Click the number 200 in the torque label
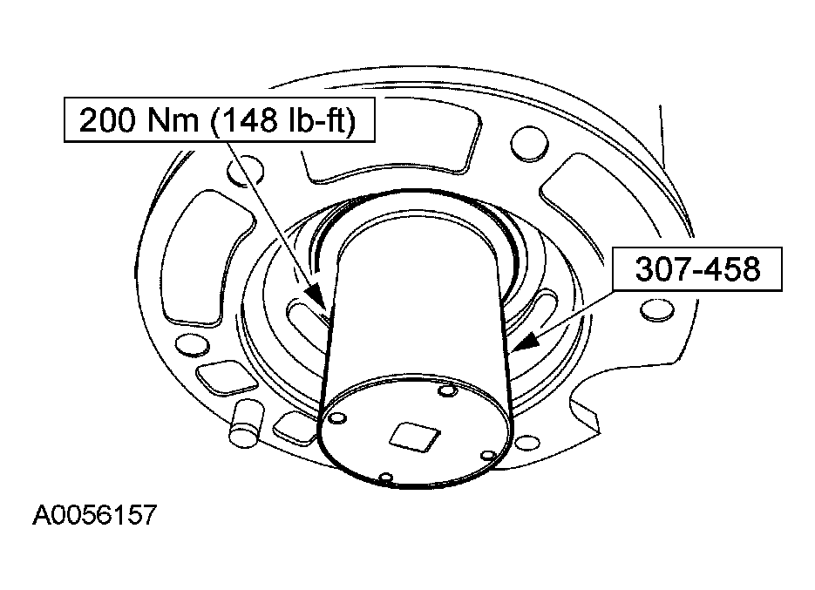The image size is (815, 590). [x=108, y=120]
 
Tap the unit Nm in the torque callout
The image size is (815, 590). [x=173, y=120]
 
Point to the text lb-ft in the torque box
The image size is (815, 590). [x=317, y=120]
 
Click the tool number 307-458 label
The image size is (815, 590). [x=697, y=269]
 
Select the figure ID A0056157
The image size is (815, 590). [x=94, y=515]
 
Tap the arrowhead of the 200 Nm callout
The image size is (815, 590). [x=314, y=298]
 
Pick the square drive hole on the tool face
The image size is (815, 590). [x=415, y=435]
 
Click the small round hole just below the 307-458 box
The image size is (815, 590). [x=657, y=310]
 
